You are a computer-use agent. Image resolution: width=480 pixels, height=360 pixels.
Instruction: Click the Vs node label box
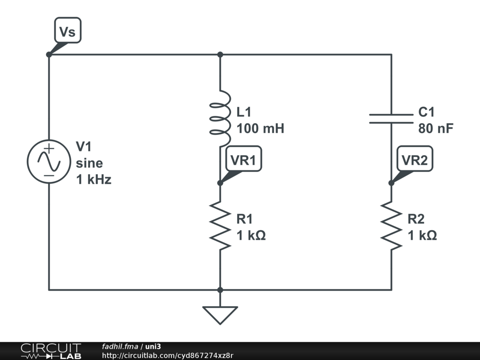67,30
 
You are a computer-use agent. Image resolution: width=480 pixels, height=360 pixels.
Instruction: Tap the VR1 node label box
243,158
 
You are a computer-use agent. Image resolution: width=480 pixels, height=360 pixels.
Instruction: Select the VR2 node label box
414,158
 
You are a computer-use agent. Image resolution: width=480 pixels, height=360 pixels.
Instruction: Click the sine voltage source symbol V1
49,162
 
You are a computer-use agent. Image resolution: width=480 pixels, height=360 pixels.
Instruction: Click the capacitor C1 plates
391,119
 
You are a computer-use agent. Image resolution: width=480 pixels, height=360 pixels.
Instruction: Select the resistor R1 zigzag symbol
220,225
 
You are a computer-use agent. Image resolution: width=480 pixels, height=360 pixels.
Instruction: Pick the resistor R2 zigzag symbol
391,225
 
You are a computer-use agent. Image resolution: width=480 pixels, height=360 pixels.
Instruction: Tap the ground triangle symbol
220,315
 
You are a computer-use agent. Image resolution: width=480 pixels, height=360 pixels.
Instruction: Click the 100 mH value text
261,128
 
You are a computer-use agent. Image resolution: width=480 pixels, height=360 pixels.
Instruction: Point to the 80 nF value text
435,128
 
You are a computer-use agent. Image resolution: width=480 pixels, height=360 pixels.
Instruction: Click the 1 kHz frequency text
94,180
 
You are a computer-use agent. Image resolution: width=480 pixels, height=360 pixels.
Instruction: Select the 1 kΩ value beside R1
251,235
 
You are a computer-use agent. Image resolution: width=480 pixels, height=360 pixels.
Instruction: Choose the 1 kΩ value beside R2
422,235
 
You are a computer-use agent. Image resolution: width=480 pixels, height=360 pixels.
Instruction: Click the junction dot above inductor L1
220,54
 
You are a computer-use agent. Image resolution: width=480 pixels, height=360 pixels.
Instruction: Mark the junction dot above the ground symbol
220,290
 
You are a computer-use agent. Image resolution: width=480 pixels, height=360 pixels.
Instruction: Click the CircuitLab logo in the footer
51,351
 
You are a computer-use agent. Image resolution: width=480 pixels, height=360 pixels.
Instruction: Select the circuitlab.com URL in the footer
167,355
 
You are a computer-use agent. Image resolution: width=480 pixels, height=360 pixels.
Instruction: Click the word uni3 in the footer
153,346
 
